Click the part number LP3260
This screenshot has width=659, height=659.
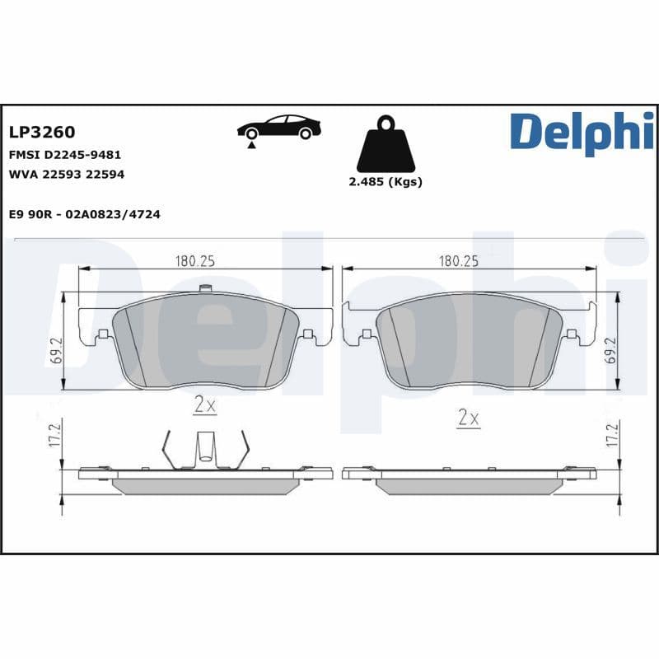point(41,132)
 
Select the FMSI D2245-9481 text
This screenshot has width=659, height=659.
point(64,154)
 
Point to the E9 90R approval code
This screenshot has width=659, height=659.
point(83,214)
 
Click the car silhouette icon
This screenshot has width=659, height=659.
point(278,127)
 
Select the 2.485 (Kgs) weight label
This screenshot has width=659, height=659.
point(386,182)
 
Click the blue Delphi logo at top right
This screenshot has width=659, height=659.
point(582,132)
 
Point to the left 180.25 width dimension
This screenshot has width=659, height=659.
point(194,261)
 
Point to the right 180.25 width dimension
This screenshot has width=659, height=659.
point(459,261)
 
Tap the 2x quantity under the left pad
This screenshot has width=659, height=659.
point(204,405)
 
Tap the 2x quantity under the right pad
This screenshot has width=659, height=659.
point(468,418)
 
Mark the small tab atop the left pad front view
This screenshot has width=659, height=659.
point(206,288)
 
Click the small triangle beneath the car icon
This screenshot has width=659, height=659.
point(250,145)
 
